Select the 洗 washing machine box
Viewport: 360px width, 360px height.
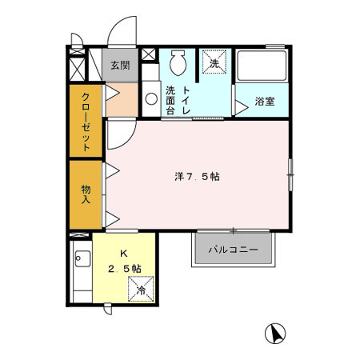(214, 62)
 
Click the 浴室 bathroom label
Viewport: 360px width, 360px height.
(264, 102)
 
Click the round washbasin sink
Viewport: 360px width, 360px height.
(150, 99)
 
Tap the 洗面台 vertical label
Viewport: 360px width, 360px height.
(170, 102)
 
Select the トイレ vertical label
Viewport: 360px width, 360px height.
(186, 102)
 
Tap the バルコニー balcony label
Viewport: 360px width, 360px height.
(233, 250)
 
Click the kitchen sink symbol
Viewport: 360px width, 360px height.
(80, 258)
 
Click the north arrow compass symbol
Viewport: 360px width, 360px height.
(274, 332)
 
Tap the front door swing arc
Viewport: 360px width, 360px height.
(120, 32)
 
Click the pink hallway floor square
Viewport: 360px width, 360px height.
(122, 99)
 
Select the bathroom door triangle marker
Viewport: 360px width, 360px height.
(238, 102)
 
